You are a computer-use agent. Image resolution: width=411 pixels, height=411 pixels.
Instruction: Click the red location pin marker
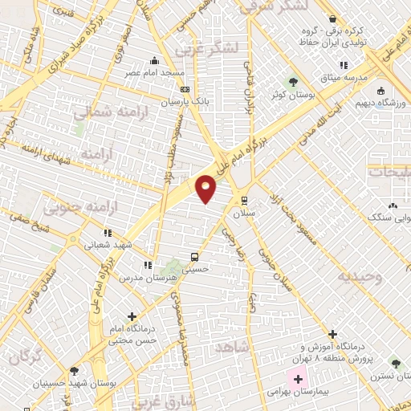click(207, 188)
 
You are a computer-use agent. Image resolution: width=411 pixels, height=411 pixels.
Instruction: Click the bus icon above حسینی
click(194, 257)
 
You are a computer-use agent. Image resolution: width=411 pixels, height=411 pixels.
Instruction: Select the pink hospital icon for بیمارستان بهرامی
click(298, 379)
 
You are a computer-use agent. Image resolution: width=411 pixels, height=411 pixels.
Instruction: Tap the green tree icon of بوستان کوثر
click(292, 81)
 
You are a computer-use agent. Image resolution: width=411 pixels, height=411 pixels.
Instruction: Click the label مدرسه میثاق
click(343, 77)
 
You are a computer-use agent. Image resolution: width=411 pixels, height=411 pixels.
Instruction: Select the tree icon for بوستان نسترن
click(394, 363)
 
